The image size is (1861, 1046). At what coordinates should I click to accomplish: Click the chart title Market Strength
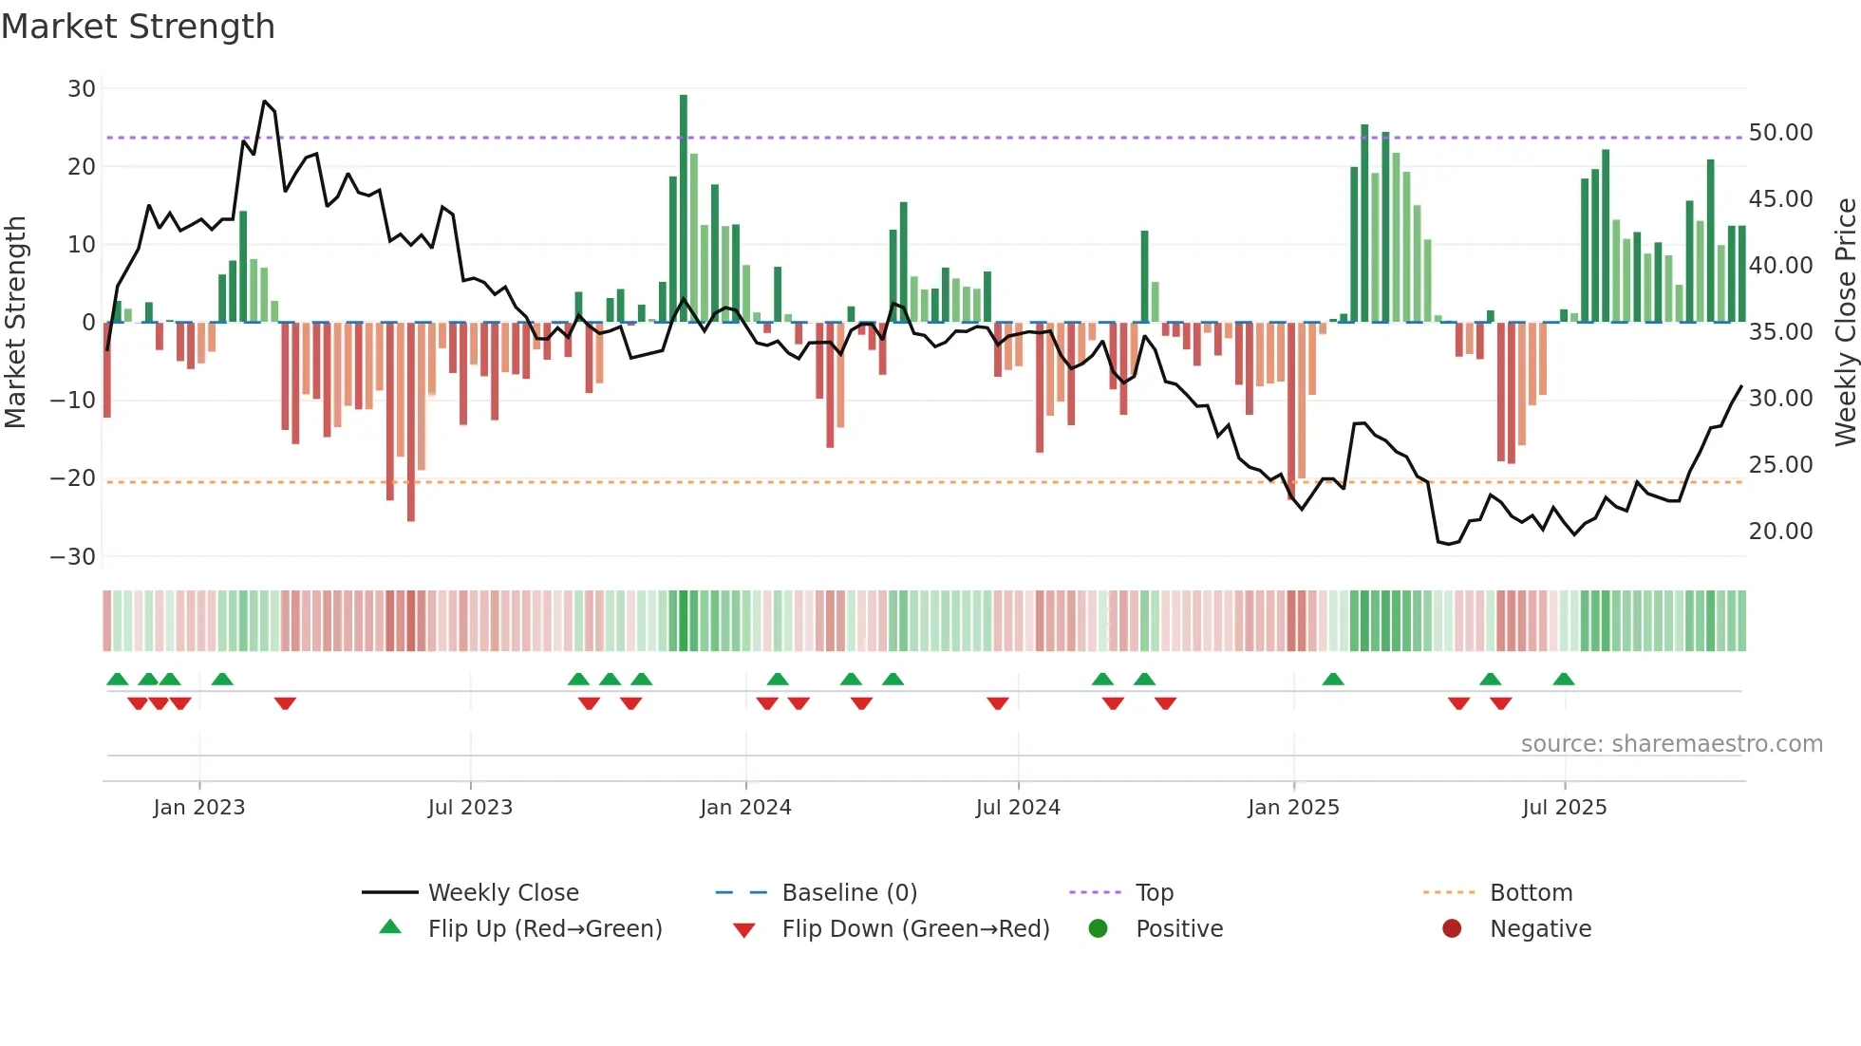click(x=138, y=27)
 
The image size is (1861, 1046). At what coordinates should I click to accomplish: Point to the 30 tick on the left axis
click(x=82, y=89)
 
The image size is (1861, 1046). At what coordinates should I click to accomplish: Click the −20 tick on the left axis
click(x=73, y=478)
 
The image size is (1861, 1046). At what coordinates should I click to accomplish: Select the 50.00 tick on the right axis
click(x=1780, y=133)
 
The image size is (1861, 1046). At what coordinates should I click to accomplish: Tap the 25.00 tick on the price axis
click(x=1780, y=465)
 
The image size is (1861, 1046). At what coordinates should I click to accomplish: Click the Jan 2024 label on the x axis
click(x=745, y=808)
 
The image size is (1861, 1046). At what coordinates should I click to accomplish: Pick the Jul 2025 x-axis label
click(x=1564, y=808)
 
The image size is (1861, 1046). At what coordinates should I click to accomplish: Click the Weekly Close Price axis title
click(x=1845, y=322)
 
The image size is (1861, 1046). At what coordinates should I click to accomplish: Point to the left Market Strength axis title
click(x=16, y=322)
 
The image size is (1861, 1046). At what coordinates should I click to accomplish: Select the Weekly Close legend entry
click(x=502, y=893)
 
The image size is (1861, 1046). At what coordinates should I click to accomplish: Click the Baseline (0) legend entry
click(x=849, y=893)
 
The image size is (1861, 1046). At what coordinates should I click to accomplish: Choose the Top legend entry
click(x=1154, y=893)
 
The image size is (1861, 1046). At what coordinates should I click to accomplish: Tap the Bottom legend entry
click(x=1531, y=893)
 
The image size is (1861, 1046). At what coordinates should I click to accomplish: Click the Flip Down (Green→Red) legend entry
click(x=914, y=929)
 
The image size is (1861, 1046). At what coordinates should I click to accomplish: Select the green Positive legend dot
click(x=1098, y=929)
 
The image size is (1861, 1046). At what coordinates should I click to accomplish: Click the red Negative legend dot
click(x=1451, y=929)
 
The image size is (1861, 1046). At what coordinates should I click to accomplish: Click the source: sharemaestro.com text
click(x=1671, y=744)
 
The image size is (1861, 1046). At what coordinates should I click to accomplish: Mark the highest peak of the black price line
click(x=265, y=102)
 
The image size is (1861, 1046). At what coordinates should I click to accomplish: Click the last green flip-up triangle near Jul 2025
click(x=1564, y=680)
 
